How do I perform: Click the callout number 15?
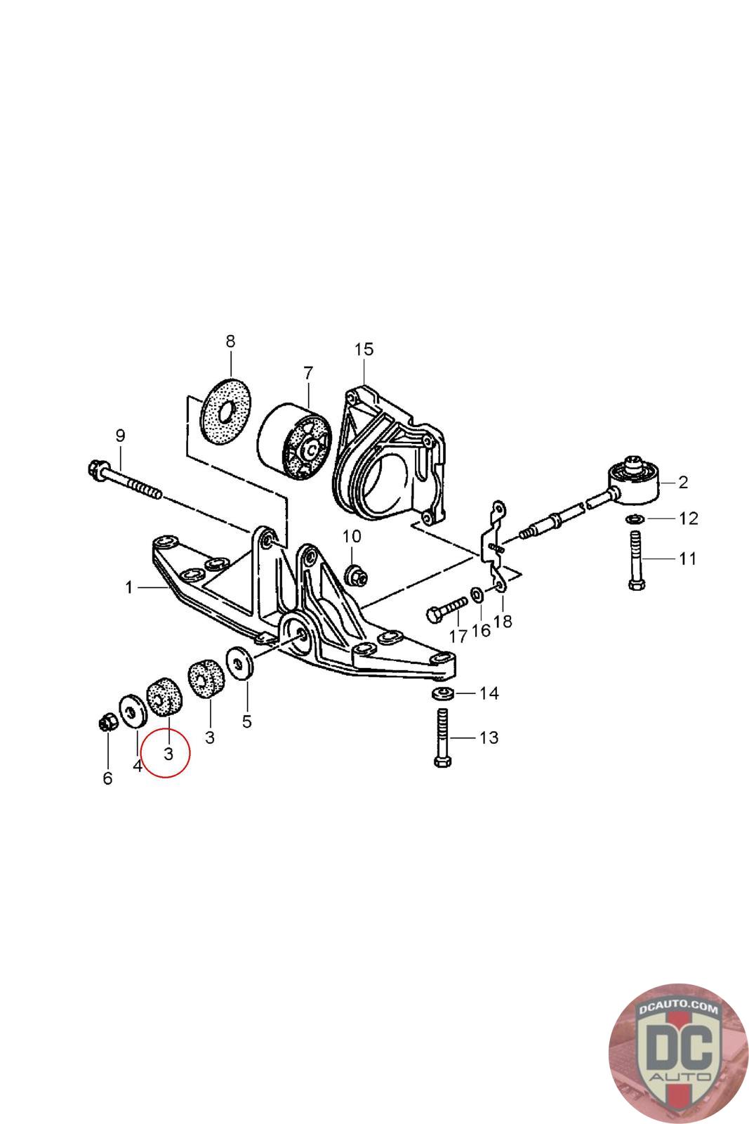pyautogui.click(x=364, y=350)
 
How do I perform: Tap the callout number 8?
pyautogui.click(x=230, y=342)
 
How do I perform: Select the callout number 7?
pyautogui.click(x=307, y=373)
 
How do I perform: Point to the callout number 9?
pyautogui.click(x=120, y=436)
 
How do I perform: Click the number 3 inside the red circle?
pyautogui.click(x=168, y=754)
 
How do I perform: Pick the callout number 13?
pyautogui.click(x=489, y=738)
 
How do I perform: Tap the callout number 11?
pyautogui.click(x=687, y=558)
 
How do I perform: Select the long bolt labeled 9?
pyautogui.click(x=126, y=481)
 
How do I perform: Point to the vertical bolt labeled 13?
pyautogui.click(x=442, y=738)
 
